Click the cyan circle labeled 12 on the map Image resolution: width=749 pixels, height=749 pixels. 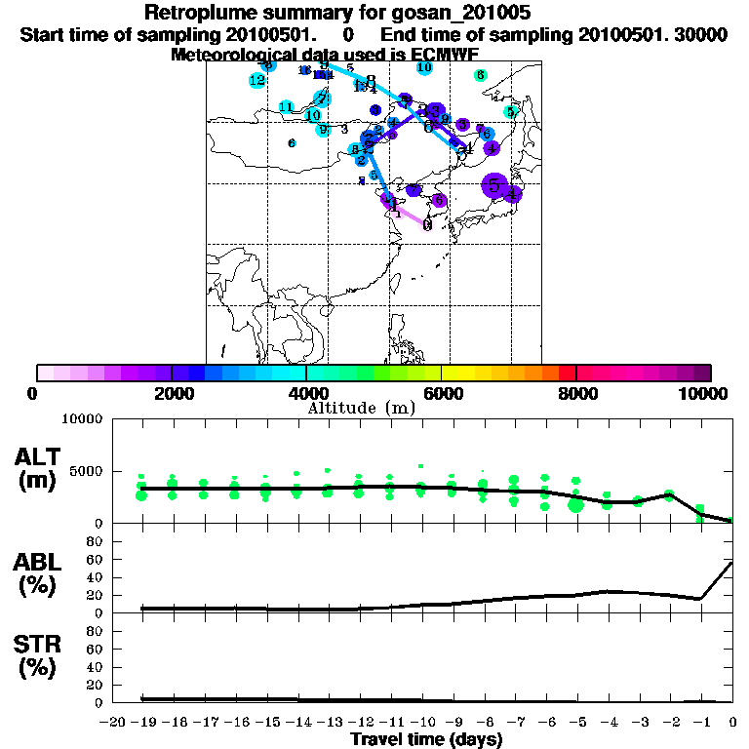(257, 80)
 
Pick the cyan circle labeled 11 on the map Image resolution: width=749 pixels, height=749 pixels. (286, 107)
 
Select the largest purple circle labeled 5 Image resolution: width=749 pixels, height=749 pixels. (494, 184)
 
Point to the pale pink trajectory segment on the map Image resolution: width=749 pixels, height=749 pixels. (412, 215)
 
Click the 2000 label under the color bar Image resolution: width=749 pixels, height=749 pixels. (170, 393)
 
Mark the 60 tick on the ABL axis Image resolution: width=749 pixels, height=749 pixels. (97, 560)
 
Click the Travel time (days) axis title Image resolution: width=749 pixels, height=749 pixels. (426, 740)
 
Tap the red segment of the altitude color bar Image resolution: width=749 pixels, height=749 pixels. (567, 373)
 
